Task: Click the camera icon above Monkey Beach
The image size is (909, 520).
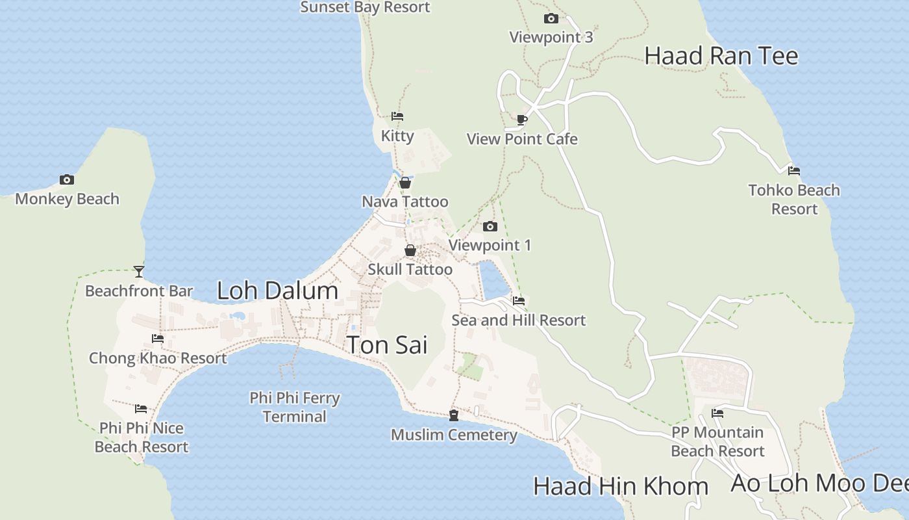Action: click(x=66, y=180)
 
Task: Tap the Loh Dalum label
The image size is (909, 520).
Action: click(x=277, y=291)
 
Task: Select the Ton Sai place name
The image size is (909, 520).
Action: click(x=387, y=344)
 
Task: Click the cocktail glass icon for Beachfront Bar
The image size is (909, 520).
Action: click(x=139, y=271)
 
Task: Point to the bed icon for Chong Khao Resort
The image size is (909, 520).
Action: click(x=158, y=338)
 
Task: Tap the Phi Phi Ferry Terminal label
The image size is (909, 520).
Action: click(x=295, y=407)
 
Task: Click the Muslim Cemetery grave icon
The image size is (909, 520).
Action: click(x=454, y=415)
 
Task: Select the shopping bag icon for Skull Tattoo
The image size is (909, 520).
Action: click(x=410, y=250)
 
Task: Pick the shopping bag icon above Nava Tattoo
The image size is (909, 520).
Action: click(x=405, y=183)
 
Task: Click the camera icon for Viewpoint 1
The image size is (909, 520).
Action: click(x=490, y=226)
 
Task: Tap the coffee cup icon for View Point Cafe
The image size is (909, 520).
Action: click(x=522, y=120)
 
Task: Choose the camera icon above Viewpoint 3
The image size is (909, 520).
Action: click(x=551, y=18)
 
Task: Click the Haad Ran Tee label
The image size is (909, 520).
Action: click(x=721, y=56)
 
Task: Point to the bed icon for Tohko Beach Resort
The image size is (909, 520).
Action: click(x=793, y=171)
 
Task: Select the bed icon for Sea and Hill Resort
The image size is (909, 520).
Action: click(x=518, y=301)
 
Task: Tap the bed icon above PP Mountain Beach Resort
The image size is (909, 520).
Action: click(x=717, y=413)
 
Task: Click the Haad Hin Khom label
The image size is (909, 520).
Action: click(x=620, y=486)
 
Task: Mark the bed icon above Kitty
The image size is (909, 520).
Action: click(x=397, y=116)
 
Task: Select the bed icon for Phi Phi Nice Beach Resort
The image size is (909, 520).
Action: click(x=141, y=409)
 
